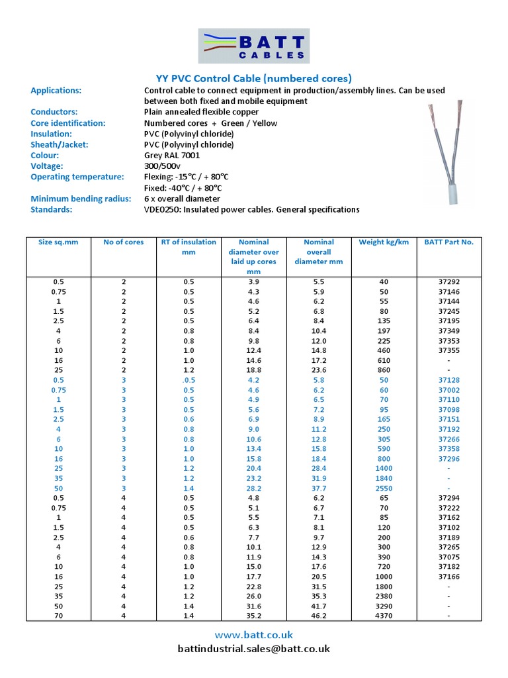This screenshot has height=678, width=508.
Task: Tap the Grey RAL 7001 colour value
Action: point(172,156)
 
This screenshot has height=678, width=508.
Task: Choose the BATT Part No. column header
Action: point(449,242)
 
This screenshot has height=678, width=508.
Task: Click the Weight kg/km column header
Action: point(384,242)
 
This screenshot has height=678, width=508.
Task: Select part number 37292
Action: point(449,282)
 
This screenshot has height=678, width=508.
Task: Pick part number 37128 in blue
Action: point(449,380)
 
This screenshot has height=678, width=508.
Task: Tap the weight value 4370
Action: point(384,616)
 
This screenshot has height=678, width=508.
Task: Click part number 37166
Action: point(449,577)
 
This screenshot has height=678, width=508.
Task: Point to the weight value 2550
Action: point(384,488)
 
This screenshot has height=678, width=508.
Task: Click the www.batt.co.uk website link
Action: point(254,635)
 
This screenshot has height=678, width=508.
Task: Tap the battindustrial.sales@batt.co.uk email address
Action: point(254,649)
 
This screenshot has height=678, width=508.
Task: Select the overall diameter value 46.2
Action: point(319,616)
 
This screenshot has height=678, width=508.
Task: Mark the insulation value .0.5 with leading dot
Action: point(189,380)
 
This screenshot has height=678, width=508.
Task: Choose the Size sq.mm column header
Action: point(58,242)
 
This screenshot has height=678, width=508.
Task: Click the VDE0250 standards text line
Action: point(251,209)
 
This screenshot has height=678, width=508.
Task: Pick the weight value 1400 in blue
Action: point(384,468)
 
